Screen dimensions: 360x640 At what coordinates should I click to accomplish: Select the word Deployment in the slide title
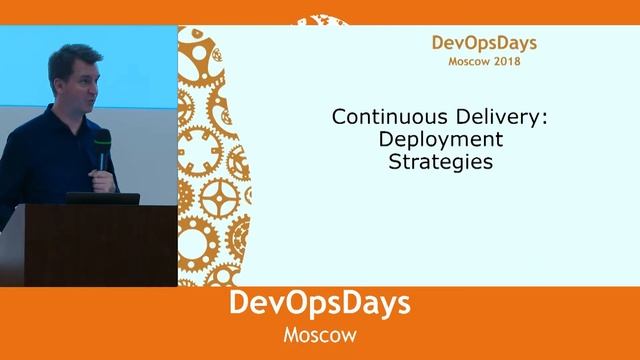tap(441, 139)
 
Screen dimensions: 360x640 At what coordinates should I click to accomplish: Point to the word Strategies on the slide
tap(441, 161)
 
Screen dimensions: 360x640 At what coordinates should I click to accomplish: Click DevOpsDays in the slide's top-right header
tap(484, 43)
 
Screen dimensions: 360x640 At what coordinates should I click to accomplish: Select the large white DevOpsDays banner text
tap(319, 305)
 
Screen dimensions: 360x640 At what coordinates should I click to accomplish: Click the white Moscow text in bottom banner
tap(319, 334)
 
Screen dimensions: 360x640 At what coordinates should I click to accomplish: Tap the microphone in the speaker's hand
tap(102, 160)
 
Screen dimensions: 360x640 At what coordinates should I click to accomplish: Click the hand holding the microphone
tap(101, 181)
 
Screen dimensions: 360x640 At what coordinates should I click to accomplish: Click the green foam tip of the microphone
tap(102, 137)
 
